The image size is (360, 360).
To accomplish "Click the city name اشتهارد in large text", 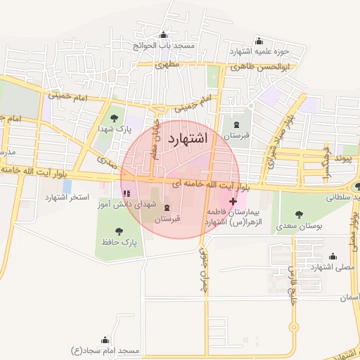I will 188,138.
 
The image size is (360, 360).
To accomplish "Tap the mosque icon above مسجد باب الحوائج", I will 164,35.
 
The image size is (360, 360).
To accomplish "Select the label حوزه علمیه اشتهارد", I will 255,51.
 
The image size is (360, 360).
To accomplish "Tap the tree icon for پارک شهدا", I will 115,117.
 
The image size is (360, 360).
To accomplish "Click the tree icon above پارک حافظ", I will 118,230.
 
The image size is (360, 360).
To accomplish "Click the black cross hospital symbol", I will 233,202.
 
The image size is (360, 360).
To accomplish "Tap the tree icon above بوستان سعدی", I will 300,214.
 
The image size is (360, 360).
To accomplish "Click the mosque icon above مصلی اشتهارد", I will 332,257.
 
